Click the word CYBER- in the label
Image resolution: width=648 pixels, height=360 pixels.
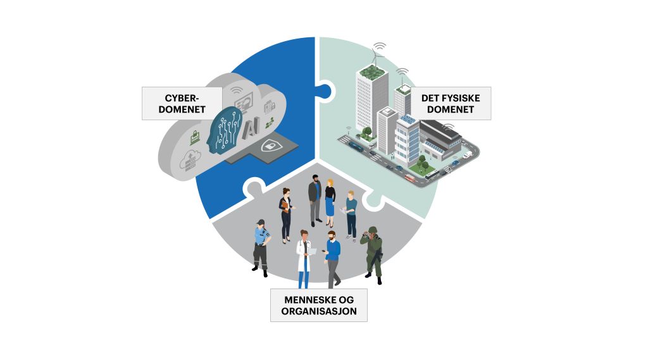pos(182,98)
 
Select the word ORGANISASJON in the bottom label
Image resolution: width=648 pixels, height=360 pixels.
pos(319,311)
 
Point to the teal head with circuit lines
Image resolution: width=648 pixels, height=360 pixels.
pos(224,130)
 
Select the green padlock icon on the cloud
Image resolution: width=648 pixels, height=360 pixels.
pos(195,137)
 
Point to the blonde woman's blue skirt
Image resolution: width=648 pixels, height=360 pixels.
pos(330,206)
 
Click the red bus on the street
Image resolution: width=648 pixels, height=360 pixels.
pos(410,178)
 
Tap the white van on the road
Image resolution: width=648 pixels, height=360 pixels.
pos(468,154)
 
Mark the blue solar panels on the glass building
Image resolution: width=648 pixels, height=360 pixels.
pos(408,120)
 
